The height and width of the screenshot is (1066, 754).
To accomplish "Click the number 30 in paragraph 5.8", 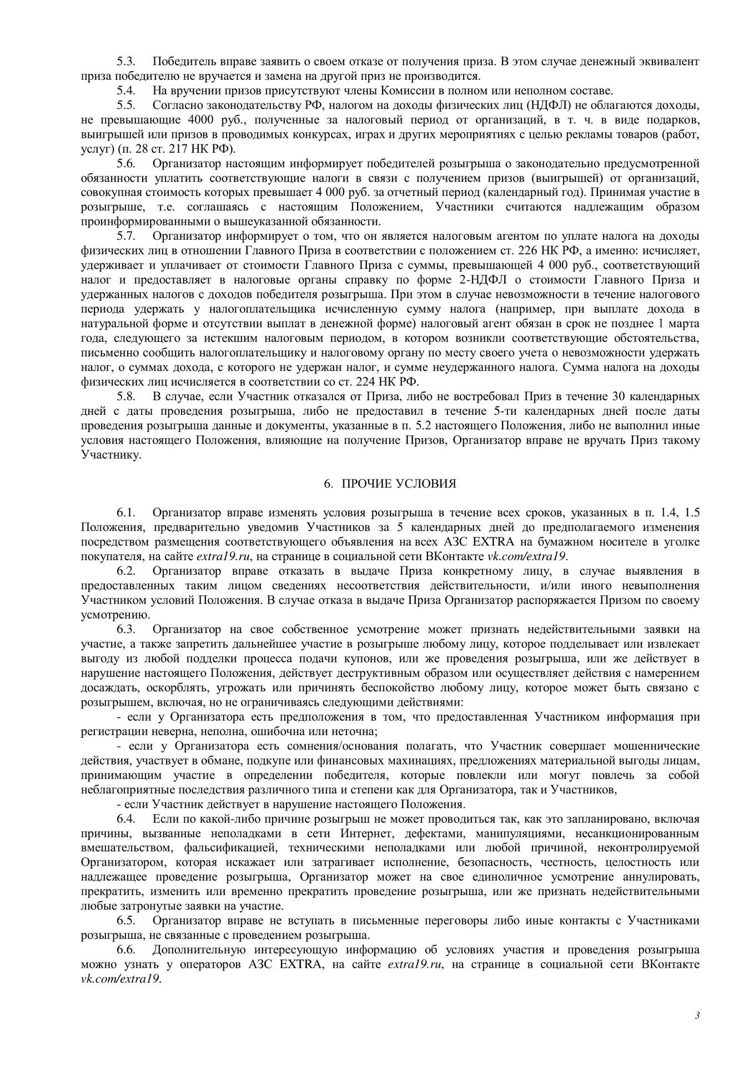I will pyautogui.click(x=604, y=396).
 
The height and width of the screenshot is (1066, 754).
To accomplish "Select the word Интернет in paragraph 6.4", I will pyautogui.click(x=364, y=833).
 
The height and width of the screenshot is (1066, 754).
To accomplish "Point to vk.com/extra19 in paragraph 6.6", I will pyautogui.click(x=120, y=979).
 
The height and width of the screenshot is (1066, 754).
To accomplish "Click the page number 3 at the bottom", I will pyautogui.click(x=697, y=1015).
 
